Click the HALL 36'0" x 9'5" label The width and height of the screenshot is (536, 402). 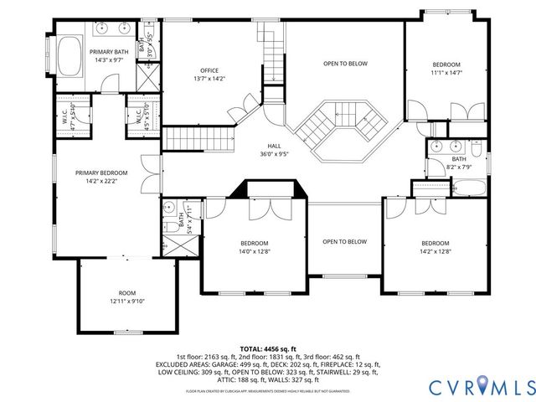pos(274,149)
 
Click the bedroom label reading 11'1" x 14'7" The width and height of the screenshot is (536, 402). pos(447,69)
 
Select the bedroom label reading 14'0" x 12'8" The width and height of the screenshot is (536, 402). pos(255,246)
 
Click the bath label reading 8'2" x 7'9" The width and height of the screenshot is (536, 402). pos(459,163)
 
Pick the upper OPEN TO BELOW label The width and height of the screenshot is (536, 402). pos(346,63)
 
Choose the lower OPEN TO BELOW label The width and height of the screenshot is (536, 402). pos(345,242)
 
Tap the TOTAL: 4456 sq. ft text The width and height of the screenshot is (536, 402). pos(267,348)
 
